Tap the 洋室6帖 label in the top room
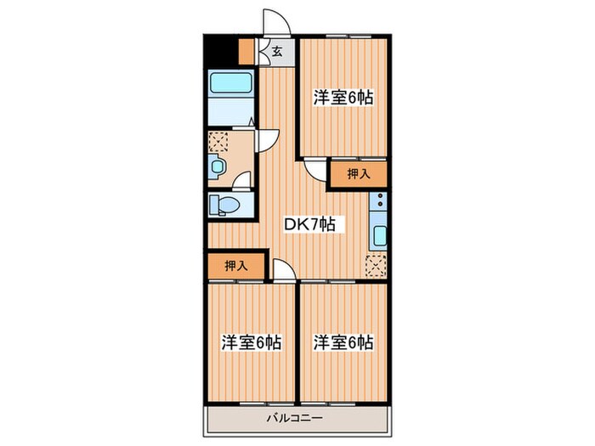pos(343,98)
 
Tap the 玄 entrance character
pos(278,51)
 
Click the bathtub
pos(230,85)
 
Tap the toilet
pos(225,205)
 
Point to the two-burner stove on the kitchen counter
pos(379,204)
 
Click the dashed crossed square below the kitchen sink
pos(376,265)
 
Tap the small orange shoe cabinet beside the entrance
pos(246,51)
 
